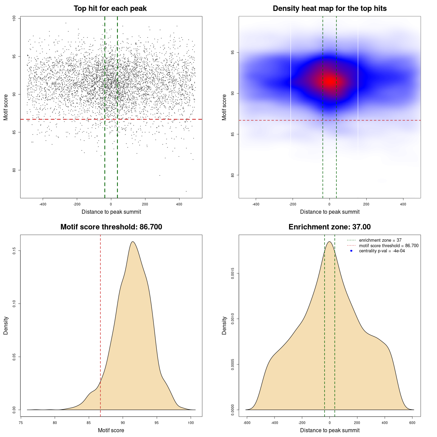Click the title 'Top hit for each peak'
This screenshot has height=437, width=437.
pyautogui.click(x=110, y=9)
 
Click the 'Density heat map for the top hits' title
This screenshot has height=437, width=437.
pyautogui.click(x=329, y=9)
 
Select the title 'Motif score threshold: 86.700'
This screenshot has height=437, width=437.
pyautogui.click(x=111, y=227)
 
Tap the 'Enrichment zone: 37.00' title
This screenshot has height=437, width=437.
pyautogui.click(x=329, y=227)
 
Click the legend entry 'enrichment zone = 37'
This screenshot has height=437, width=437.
pyautogui.click(x=380, y=240)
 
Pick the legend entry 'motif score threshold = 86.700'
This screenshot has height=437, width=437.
pyautogui.click(x=389, y=246)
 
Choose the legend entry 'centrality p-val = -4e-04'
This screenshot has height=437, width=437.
pyautogui.click(x=382, y=251)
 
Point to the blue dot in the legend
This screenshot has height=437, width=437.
pyautogui.click(x=351, y=251)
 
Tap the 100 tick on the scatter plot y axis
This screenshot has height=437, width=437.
pyautogui.click(x=14, y=18)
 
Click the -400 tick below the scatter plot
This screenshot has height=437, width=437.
pyautogui.click(x=43, y=204)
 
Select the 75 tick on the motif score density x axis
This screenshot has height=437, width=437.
pyautogui.click(x=21, y=423)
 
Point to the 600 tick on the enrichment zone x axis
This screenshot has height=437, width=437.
pyautogui.click(x=412, y=423)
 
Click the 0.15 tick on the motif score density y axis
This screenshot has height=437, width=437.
pyautogui.click(x=14, y=251)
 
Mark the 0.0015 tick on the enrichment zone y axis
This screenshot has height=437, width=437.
pyautogui.click(x=233, y=273)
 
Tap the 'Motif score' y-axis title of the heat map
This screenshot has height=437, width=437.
pyautogui.click(x=224, y=107)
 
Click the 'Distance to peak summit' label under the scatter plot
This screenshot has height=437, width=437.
pyautogui.click(x=111, y=212)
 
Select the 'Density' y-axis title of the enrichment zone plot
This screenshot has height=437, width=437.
pyautogui.click(x=224, y=325)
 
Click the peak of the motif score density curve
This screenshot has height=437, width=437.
pyautogui.click(x=132, y=242)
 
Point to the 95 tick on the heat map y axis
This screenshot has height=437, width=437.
pyautogui.click(x=233, y=52)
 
